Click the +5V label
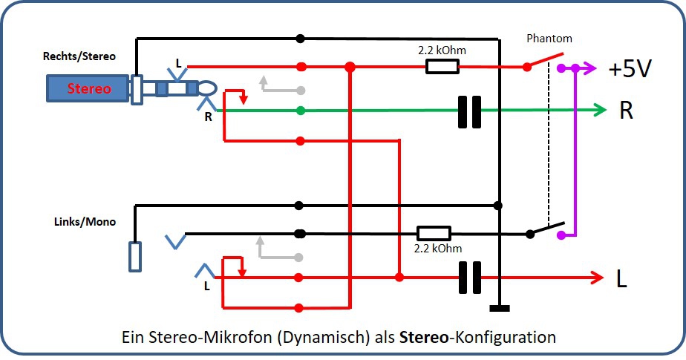[630, 69]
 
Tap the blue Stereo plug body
[88, 88]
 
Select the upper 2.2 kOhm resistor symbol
[442, 67]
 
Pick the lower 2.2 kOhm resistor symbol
[433, 233]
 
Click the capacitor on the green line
[469, 111]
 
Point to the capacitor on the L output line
[469, 278]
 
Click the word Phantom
[549, 39]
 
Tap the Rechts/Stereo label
[79, 56]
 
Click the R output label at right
[627, 111]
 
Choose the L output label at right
[621, 278]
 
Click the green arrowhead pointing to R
[600, 111]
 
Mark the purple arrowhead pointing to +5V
[590, 68]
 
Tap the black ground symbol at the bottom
[500, 307]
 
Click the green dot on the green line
[300, 111]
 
